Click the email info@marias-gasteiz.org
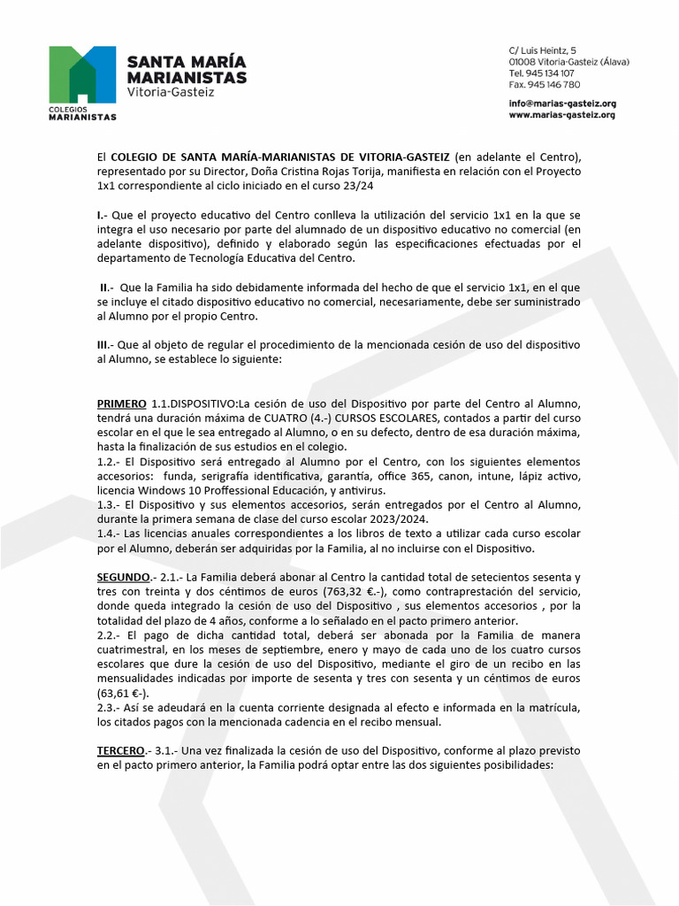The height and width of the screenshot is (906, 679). (562, 104)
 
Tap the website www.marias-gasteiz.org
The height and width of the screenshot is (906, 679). (561, 115)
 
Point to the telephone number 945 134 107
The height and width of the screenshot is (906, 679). (553, 73)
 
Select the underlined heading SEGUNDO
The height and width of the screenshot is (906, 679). (123, 577)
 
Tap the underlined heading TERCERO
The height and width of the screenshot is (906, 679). (122, 750)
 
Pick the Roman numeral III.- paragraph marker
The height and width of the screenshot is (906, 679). (105, 345)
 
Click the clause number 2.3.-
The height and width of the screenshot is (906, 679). (110, 707)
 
